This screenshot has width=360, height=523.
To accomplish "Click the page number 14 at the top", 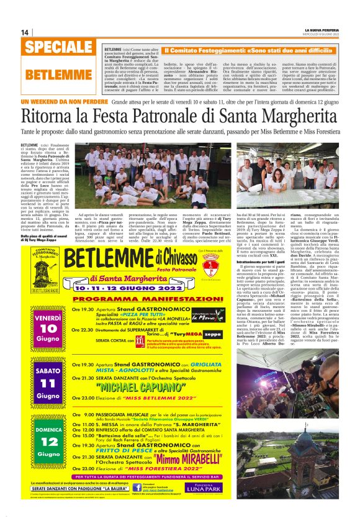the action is pyautogui.click(x=25, y=32).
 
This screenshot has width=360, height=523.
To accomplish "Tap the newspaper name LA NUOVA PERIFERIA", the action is pyautogui.click(x=322, y=30).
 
